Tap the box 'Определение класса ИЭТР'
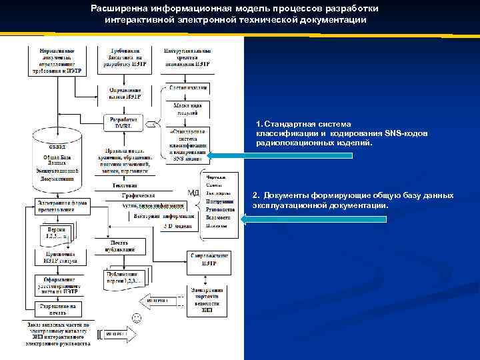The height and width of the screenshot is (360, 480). [123, 92]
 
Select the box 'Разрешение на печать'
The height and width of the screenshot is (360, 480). [58, 309]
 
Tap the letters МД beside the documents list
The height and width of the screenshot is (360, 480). [193, 194]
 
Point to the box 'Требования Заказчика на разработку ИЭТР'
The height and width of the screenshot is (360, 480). [124, 59]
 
